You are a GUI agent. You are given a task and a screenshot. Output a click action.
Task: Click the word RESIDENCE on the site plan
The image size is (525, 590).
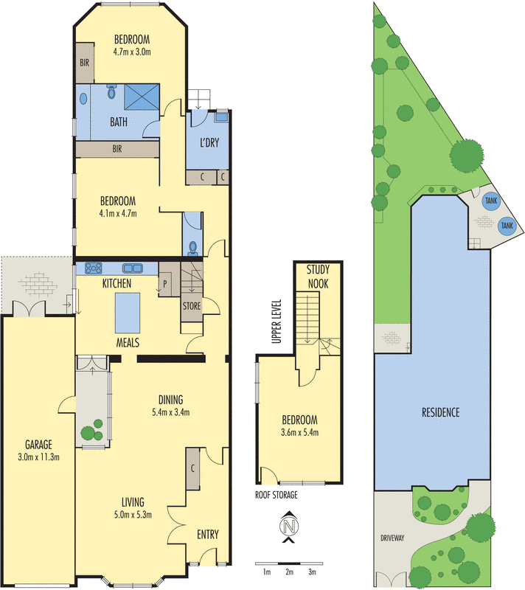click(441, 412)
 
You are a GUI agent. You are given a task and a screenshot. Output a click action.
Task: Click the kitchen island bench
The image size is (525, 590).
click(128, 313)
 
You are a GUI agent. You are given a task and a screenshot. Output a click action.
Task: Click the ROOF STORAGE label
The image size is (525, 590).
click(277, 495)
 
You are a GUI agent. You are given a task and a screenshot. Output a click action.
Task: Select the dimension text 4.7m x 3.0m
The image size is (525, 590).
click(131, 52)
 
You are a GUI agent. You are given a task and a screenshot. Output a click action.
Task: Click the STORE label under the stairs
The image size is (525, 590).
click(191, 305)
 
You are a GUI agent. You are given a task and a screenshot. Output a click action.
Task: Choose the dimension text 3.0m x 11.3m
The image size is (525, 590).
click(38, 457)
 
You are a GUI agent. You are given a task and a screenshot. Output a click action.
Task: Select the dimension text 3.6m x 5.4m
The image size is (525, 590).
click(299, 432)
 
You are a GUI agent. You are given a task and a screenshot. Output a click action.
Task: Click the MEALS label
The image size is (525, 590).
click(128, 343)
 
